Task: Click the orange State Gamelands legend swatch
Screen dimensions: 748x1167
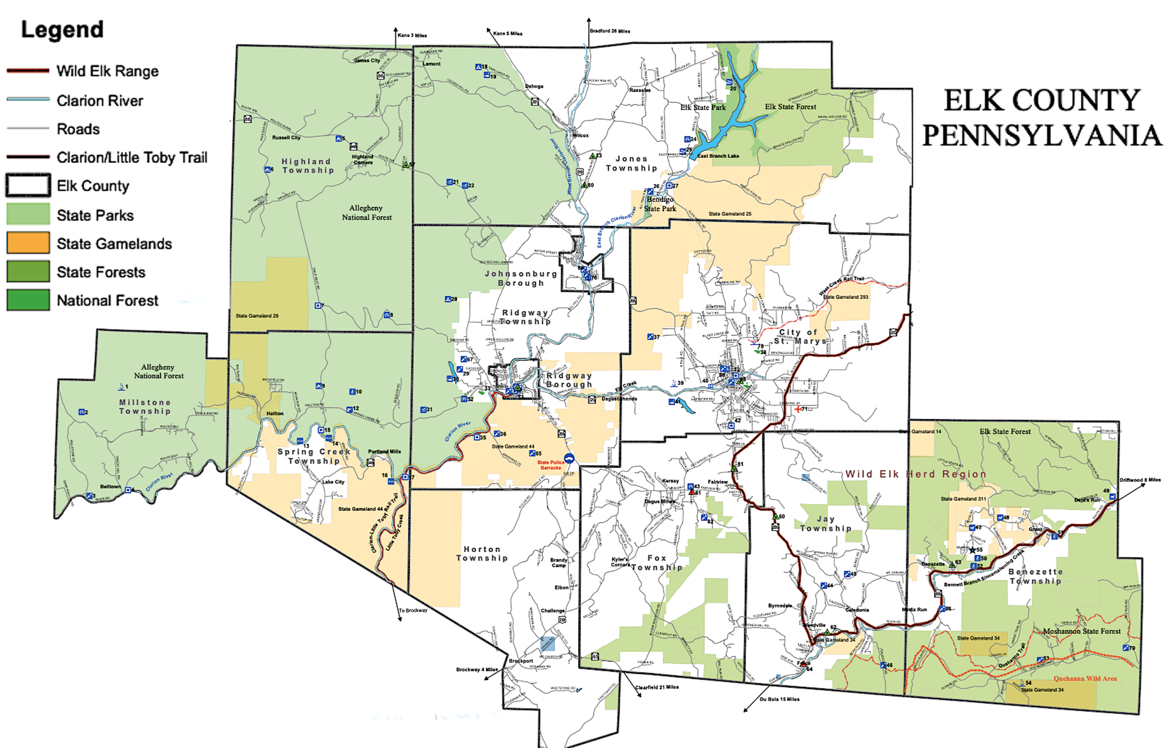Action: pos(28,243)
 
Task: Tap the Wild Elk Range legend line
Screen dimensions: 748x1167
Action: pos(28,71)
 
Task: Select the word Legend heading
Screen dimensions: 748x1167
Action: pos(62,30)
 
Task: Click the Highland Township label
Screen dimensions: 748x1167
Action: pos(307,165)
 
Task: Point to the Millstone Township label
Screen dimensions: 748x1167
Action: pos(145,407)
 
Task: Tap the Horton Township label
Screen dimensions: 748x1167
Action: pos(482,553)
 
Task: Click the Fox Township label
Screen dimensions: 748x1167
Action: pos(657,562)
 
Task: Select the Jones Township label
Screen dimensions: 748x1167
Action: pos(631,163)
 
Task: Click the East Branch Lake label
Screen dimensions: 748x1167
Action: pos(718,156)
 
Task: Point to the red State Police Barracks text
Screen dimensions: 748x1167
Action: pos(550,465)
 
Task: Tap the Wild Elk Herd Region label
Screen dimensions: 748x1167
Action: pos(915,474)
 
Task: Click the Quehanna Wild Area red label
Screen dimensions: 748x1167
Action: pos(1085,679)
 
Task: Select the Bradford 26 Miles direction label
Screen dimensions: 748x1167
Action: pos(609,31)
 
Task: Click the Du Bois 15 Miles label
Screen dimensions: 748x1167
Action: pos(779,699)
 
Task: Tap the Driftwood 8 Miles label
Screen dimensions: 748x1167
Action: pos(1140,480)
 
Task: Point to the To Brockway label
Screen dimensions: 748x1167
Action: pos(413,610)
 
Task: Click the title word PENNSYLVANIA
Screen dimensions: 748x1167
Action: pos(1041,135)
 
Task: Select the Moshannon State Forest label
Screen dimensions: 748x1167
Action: pos(1082,631)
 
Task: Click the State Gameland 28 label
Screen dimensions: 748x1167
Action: pos(257,316)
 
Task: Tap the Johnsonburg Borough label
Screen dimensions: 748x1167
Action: pos(521,279)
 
